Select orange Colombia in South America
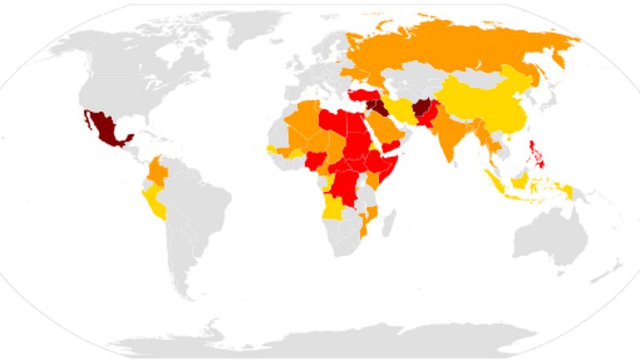point(158,171)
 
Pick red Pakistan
point(430,120)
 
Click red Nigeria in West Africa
point(317,160)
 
